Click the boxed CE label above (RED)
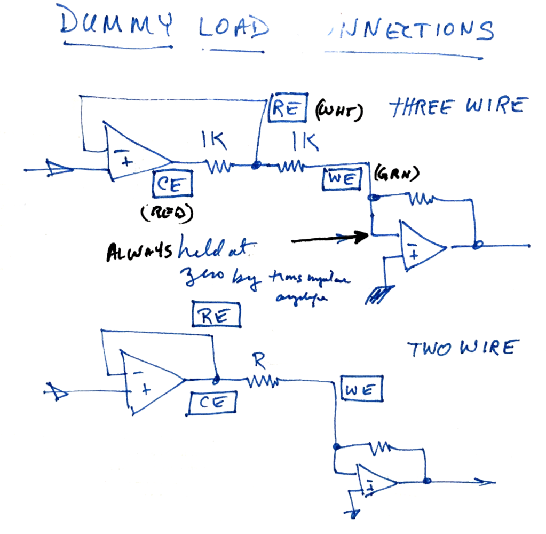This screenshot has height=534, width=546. click(173, 185)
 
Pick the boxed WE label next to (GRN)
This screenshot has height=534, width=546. click(342, 178)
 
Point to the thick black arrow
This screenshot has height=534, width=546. click(330, 238)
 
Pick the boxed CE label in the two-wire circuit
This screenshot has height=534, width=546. click(213, 403)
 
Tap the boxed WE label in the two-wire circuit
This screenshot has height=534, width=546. click(362, 390)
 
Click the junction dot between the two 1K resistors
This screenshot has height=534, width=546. click(256, 167)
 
